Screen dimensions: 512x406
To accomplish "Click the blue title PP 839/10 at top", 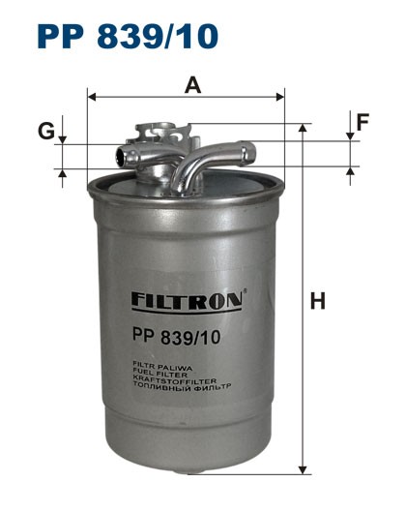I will [x=127, y=36].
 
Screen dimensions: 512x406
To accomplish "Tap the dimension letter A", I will [x=193, y=85].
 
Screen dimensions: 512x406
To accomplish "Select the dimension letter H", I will [x=316, y=301].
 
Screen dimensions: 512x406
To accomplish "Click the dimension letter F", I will [x=363, y=122].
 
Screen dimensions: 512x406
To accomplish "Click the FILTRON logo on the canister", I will [x=186, y=301].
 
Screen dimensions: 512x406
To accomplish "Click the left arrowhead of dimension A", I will [x=91, y=97].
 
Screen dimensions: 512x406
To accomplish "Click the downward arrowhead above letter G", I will [x=63, y=139].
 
